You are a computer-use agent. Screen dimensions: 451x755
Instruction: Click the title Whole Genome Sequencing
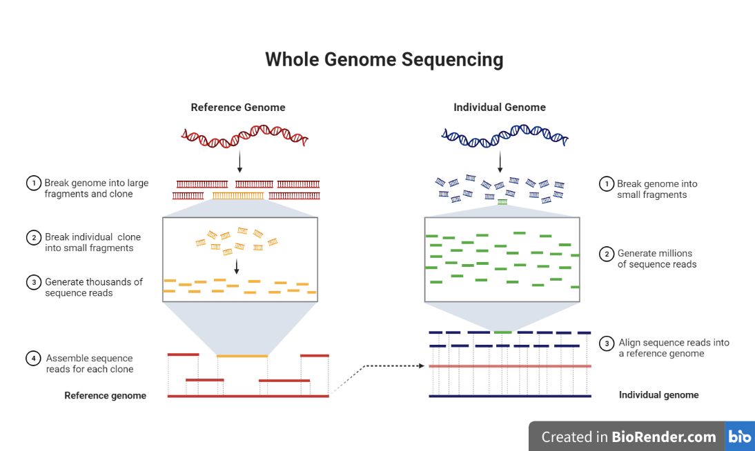pos(384,59)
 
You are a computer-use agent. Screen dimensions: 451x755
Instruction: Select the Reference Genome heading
pos(238,108)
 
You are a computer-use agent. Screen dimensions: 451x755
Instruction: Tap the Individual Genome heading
pos(500,108)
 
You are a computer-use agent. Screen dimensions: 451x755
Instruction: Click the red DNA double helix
pos(244,137)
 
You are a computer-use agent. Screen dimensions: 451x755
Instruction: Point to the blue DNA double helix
pos(504,137)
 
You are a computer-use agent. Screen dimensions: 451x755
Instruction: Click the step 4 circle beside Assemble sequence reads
pos(33,359)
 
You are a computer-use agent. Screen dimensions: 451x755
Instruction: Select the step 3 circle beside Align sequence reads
pos(606,343)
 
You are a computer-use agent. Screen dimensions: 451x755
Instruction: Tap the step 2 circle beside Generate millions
pos(606,254)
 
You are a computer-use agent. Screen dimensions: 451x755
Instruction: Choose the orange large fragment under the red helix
pos(238,196)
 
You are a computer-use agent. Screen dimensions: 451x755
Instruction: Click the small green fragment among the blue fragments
pos(502,202)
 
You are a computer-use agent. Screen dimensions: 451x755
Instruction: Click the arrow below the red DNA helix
pos(239,161)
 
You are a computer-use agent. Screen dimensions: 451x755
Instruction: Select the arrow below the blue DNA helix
pos(500,161)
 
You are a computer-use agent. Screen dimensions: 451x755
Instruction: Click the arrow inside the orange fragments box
pos(237,266)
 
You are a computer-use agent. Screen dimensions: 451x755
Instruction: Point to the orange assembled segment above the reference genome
pos(242,356)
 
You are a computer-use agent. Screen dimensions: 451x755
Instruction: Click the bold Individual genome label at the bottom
pos(658,395)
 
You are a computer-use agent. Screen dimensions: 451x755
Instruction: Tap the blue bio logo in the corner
pos(740,437)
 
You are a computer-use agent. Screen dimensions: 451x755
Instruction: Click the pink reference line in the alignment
pos(510,366)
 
